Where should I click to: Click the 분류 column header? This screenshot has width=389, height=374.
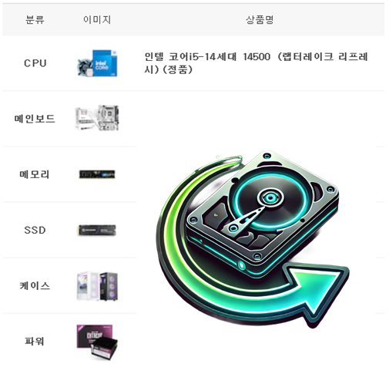point(35,20)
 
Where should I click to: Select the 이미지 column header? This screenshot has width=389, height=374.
point(97,20)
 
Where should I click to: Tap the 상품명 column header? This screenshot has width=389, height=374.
point(260,20)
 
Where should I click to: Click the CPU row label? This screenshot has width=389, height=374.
point(35,63)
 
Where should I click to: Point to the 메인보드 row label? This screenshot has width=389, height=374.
point(35,119)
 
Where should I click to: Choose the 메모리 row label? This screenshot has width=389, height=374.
point(35,174)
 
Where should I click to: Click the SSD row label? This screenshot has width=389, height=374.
point(35,230)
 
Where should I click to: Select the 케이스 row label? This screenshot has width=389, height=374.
point(35,285)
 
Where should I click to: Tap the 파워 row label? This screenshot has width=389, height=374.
point(35,342)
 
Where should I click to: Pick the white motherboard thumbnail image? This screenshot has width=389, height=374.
point(97,118)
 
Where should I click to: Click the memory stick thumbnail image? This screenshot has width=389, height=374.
point(97,174)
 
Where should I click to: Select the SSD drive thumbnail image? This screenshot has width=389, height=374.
point(97,230)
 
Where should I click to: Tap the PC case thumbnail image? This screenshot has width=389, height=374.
point(97,286)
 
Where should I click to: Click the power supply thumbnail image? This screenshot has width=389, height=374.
point(97,342)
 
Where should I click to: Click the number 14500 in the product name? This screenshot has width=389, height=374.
point(257,57)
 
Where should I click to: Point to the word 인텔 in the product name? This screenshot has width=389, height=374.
point(154,56)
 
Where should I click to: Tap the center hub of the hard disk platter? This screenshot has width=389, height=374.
point(270,197)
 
